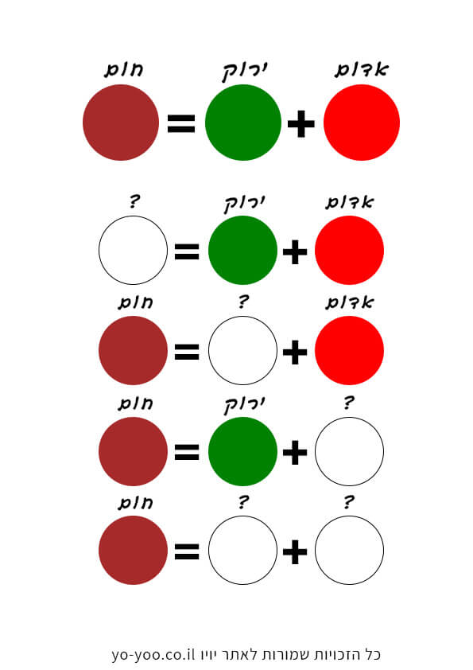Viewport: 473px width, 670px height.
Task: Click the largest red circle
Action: coord(362,123)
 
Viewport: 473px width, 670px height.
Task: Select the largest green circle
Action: coord(243,123)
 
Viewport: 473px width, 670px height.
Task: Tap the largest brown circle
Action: coord(121,123)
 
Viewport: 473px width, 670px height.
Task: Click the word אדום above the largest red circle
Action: coord(362,70)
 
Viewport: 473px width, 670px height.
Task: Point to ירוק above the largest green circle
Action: coord(245,72)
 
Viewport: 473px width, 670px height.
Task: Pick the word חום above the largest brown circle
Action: coord(124,70)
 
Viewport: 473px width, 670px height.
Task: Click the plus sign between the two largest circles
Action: coord(301,124)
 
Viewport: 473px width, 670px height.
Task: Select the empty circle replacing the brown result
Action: coord(134,250)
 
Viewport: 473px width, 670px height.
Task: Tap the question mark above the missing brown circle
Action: coord(134,201)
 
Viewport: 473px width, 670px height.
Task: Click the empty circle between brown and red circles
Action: coord(243,350)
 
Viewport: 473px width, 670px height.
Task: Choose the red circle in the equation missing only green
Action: coord(349,350)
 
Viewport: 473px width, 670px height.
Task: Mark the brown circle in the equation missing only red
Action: coord(134,451)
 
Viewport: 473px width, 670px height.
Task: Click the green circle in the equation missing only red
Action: coord(243,451)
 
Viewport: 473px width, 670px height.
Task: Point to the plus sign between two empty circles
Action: coord(295,551)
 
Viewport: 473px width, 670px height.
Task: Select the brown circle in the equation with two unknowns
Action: coord(134,550)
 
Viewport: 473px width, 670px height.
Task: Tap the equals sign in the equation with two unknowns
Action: coord(187,551)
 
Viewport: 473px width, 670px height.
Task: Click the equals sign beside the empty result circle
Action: coord(187,251)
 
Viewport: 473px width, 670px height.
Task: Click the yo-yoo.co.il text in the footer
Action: coord(153,654)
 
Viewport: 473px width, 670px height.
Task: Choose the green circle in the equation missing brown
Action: coord(243,250)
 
